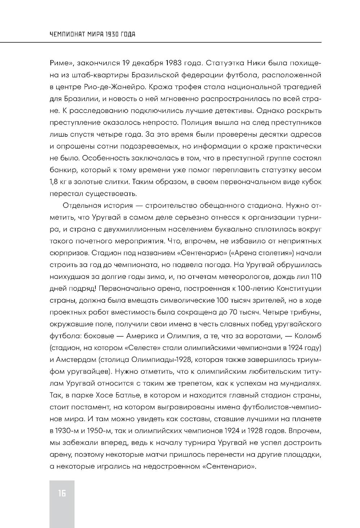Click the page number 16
[62, 493]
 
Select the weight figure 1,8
[54, 182]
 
